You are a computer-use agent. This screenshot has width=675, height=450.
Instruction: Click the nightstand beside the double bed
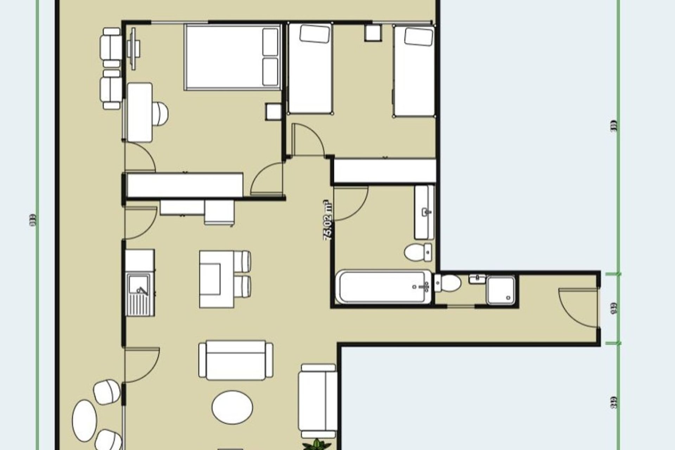coord(273,112)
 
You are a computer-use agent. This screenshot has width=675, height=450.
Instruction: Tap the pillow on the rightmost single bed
coord(418,37)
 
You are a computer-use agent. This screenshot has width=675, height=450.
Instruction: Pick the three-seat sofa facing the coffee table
coord(236,360)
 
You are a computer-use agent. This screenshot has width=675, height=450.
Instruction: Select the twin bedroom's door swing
coord(308,139)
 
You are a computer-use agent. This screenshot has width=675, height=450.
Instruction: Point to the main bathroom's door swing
coord(350,204)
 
